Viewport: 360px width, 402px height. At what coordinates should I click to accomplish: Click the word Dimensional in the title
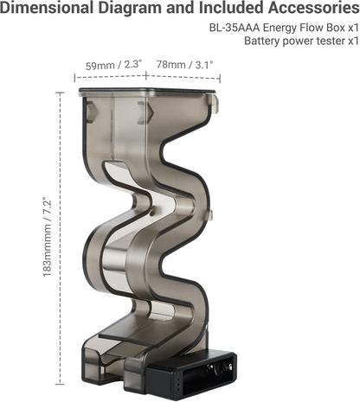click(46, 8)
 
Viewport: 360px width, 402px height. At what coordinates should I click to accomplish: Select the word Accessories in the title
click(314, 8)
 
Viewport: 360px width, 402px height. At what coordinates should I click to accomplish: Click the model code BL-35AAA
click(235, 28)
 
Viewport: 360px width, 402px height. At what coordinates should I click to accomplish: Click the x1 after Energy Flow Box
click(353, 28)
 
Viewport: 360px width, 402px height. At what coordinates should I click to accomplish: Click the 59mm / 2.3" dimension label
click(113, 65)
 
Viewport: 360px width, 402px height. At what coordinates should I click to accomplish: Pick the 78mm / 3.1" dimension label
click(184, 65)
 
